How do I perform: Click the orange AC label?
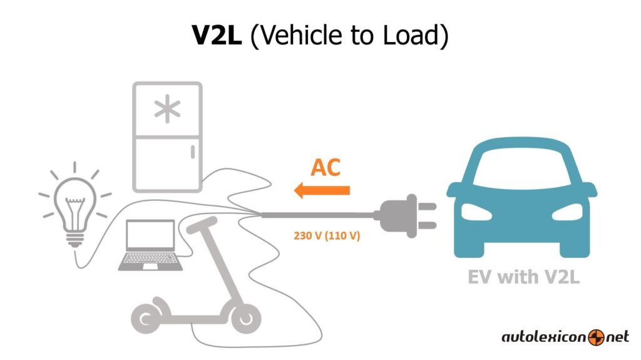(326, 167)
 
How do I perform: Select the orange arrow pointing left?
(322, 190)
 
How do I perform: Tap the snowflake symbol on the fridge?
(167, 111)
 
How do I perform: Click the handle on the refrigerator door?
(193, 151)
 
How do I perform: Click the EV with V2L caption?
(523, 276)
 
